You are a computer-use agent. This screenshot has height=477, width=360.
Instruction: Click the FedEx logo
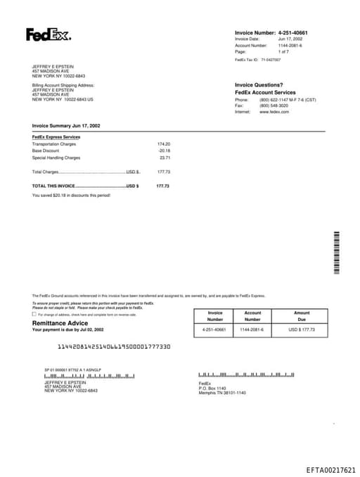pyautogui.click(x=49, y=34)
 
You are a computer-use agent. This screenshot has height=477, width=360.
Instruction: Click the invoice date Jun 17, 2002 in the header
pyautogui.click(x=290, y=39)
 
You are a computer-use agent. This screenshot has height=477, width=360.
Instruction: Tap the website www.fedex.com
pyautogui.click(x=274, y=111)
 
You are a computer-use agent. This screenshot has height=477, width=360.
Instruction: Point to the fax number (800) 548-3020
pyautogui.click(x=274, y=106)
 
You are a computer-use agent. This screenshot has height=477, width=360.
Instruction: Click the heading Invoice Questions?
pyautogui.click(x=259, y=85)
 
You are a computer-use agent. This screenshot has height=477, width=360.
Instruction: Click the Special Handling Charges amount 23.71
pyautogui.click(x=165, y=158)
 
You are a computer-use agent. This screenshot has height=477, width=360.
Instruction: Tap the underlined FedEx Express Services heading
pyautogui.click(x=56, y=136)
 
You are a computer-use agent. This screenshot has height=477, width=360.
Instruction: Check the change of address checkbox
pyautogui.click(x=34, y=314)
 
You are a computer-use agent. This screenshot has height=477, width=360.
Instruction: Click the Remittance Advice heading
pyautogui.click(x=60, y=323)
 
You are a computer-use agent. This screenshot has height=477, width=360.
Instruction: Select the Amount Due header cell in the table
pyautogui.click(x=302, y=316)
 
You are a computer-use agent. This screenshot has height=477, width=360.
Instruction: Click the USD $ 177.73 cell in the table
pyautogui.click(x=302, y=329)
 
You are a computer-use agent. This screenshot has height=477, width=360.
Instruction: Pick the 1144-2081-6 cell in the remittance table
pyautogui.click(x=252, y=329)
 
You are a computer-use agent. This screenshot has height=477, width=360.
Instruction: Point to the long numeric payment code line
pyautogui.click(x=113, y=347)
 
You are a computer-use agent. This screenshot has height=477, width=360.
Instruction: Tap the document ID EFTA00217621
pyautogui.click(x=330, y=470)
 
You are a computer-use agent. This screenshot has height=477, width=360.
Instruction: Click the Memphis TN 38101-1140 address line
pyautogui.click(x=222, y=392)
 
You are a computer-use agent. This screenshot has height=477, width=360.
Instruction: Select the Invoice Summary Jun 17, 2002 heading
pyautogui.click(x=66, y=125)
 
